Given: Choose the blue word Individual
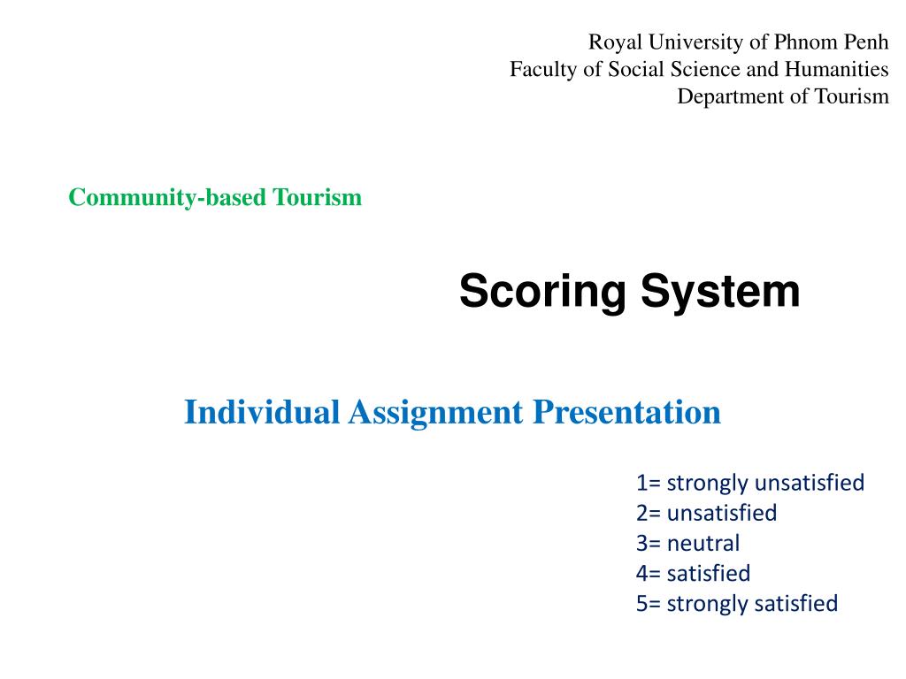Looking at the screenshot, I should (262, 412).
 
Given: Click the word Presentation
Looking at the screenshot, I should (626, 412).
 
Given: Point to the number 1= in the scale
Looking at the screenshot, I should (648, 483).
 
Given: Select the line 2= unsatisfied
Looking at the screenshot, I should (705, 513).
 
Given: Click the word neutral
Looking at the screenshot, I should (703, 543).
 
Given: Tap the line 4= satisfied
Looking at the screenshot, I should (692, 573).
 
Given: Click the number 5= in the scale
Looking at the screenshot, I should (648, 603).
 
